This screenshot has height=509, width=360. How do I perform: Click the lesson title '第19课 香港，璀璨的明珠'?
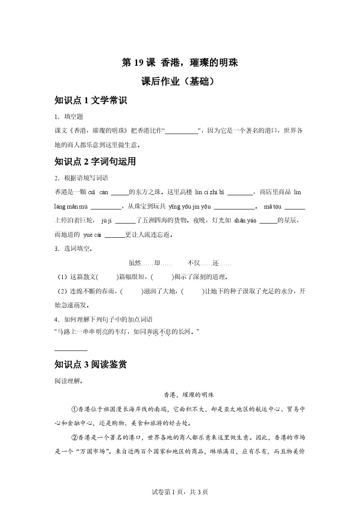pos(180,63)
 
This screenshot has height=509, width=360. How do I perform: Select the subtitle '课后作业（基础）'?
pos(180,82)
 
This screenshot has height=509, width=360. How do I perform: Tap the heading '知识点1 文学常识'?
pos(91,101)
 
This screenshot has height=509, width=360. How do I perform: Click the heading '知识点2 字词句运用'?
pos(95,162)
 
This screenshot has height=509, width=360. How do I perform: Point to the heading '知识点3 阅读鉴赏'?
pos(91,364)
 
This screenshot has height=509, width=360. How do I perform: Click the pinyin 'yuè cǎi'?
pos(91,235)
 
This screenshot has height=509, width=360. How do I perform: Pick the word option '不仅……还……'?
pos(209,263)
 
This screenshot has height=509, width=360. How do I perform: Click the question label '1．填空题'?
pos(69,117)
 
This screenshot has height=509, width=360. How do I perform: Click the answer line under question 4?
pos(71,350)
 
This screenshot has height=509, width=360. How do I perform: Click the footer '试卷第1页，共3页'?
pos(180,492)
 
